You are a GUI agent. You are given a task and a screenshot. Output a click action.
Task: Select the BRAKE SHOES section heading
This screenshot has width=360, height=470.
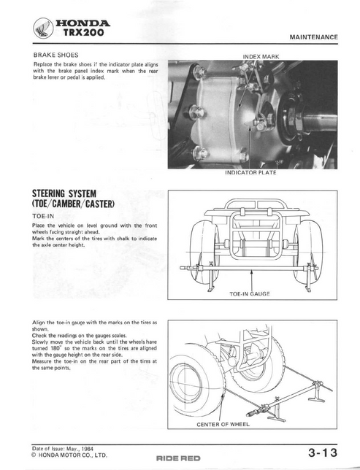pyautogui.click(x=55, y=55)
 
